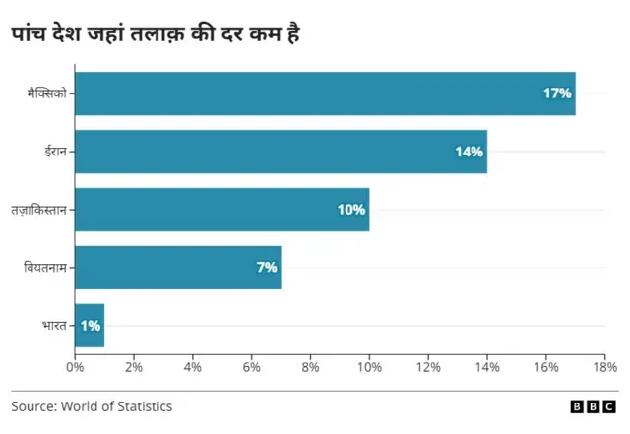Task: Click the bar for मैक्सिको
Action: click(325, 93)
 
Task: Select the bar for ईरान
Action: click(281, 152)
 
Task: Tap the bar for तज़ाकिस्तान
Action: click(221, 210)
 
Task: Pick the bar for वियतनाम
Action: click(177, 268)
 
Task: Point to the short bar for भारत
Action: click(89, 326)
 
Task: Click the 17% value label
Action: click(557, 93)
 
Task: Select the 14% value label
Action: click(469, 152)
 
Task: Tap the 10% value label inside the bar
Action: click(350, 210)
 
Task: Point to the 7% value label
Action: click(267, 268)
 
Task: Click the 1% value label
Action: click(90, 326)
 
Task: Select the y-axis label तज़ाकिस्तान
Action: click(38, 210)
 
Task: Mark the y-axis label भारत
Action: click(54, 326)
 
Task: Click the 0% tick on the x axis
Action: click(75, 368)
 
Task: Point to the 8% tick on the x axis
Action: click(311, 368)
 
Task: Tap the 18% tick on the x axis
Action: click(603, 368)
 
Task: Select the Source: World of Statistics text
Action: click(92, 405)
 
